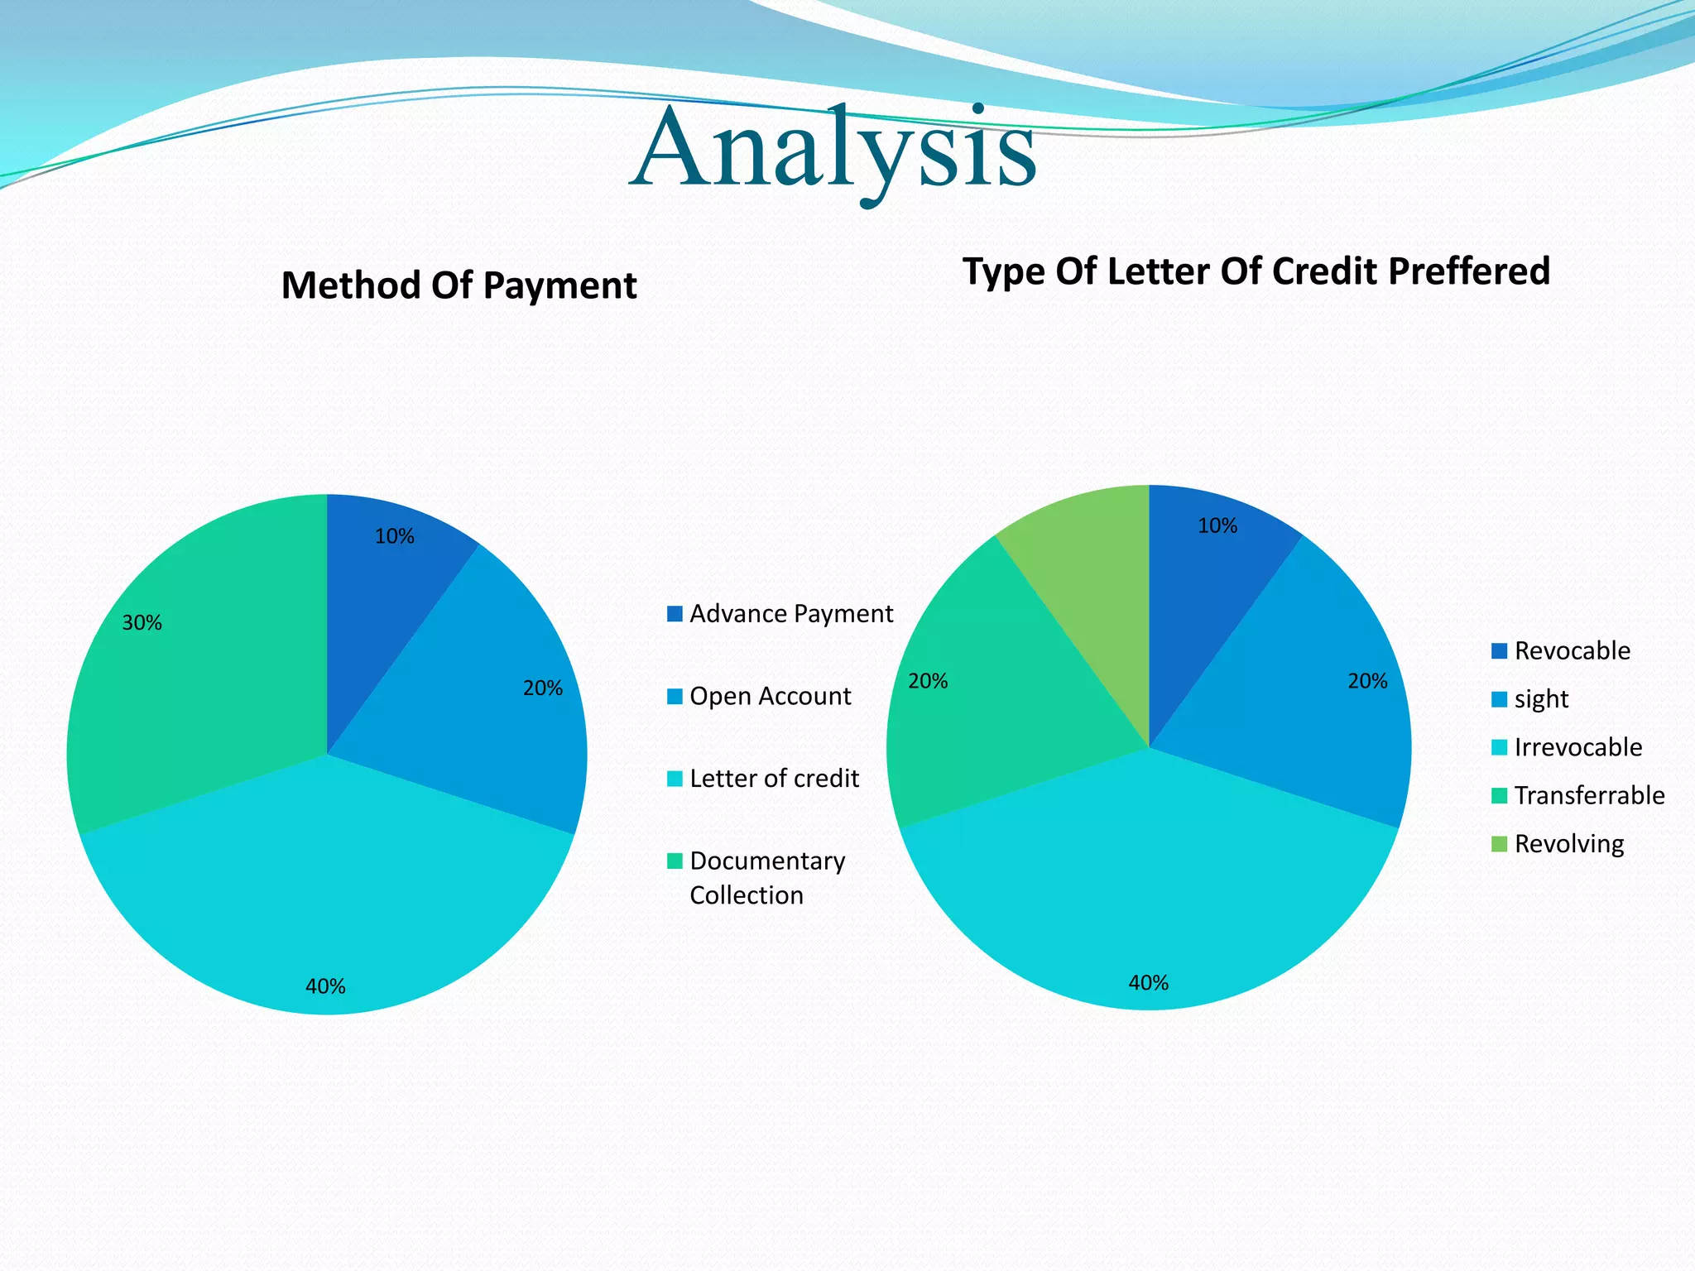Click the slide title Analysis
833,149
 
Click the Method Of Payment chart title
459,285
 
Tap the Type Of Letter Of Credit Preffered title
1256,271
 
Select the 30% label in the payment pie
142,623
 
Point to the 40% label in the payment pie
325,986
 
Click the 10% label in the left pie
394,536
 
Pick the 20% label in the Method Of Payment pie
542,688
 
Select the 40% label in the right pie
1149,983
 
